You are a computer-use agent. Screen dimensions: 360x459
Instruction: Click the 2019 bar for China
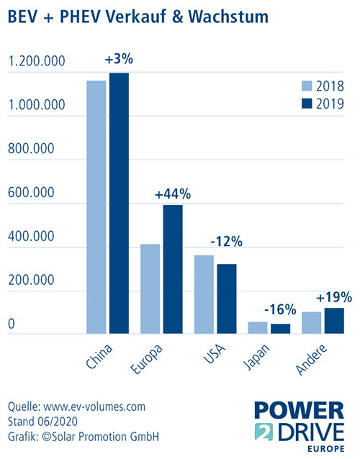pos(120,203)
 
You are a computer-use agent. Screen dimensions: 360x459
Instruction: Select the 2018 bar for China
pos(96,207)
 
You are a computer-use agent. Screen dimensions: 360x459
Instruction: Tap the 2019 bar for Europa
pos(173,269)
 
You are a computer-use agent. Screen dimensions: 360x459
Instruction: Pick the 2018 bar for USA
pos(204,294)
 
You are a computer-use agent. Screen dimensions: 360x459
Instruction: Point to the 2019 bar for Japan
pos(280,329)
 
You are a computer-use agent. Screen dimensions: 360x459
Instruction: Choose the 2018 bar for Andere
pos(311,322)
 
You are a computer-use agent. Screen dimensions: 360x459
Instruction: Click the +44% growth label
pos(173,194)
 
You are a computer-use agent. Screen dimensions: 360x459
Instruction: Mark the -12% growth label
pos(227,242)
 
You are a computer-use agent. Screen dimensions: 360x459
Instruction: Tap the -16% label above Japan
pos(280,309)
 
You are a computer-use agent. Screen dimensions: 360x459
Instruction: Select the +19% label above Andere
pos(334,297)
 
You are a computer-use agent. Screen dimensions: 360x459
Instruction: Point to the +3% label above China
pos(119,59)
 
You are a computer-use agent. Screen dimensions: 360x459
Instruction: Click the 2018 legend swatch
pos(307,86)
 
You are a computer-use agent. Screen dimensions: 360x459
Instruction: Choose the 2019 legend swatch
pos(307,104)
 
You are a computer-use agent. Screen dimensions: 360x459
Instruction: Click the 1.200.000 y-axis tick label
pos(37,61)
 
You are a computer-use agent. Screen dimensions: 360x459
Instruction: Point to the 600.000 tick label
pos(31,193)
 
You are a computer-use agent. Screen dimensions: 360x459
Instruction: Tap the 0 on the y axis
pos(12,324)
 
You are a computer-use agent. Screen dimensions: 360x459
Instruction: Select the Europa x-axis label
pos(146,359)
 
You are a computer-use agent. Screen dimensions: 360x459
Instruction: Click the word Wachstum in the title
pos(228,17)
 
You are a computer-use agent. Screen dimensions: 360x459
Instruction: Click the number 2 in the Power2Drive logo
pos(264,432)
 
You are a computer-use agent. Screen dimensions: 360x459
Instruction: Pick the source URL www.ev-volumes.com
pos(94,406)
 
